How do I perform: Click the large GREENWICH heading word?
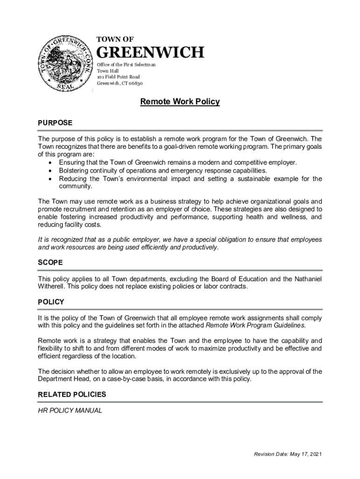point(150,53)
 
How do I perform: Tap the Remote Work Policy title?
point(180,102)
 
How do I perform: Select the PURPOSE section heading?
point(55,123)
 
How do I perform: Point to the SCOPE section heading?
point(50,263)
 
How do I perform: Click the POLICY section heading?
point(51,302)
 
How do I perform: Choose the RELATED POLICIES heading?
point(72,394)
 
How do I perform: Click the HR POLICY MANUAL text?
point(70,411)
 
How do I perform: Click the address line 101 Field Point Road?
point(118,77)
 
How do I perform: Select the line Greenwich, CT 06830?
point(120,83)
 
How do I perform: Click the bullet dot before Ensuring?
point(50,162)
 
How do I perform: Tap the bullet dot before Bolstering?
point(50,171)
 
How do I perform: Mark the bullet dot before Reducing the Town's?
point(50,179)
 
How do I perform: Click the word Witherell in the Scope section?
point(53,286)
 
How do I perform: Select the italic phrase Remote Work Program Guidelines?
point(255,325)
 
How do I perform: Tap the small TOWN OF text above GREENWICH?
point(115,39)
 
